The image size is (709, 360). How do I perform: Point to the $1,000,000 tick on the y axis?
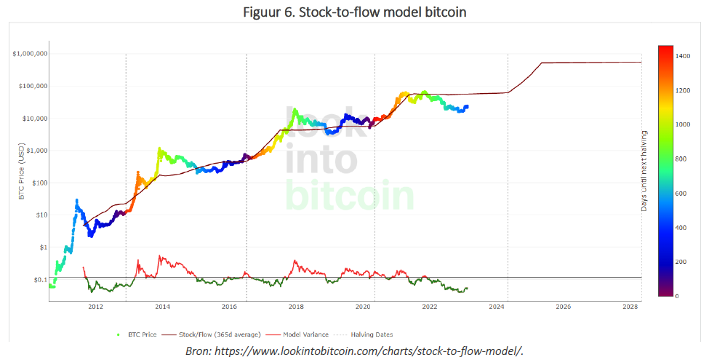click(x=30, y=54)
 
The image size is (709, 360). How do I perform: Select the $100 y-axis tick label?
click(x=39, y=183)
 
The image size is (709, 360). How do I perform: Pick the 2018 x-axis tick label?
click(x=296, y=307)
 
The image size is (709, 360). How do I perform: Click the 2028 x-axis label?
click(x=630, y=307)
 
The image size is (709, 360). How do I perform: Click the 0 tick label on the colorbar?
click(x=677, y=296)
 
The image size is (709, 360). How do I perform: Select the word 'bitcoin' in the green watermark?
click(x=349, y=195)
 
